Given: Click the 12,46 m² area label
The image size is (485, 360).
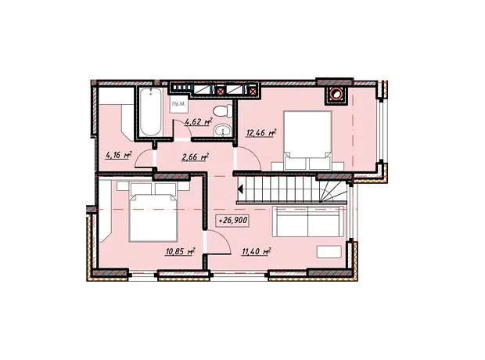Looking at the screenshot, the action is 261,133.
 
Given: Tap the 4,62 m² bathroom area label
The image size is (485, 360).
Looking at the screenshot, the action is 198,121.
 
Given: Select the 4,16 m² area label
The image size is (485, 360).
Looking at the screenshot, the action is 119,155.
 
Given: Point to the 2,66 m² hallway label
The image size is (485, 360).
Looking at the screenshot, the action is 195,157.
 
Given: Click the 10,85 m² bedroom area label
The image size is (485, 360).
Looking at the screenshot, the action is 180,251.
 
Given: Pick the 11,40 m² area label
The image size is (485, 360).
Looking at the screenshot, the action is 257,251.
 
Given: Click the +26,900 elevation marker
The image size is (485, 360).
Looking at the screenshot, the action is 233,221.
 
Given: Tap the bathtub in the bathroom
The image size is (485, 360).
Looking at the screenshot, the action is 151,112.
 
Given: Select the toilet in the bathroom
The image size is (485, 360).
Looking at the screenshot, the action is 223,111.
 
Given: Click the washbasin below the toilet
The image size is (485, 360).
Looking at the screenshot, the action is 222,130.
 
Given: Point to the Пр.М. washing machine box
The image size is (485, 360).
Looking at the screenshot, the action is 179,104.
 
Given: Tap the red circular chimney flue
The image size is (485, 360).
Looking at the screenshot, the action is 336,93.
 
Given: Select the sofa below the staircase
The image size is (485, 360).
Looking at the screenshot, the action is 308,221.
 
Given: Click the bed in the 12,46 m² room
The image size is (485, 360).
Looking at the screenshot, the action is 307,141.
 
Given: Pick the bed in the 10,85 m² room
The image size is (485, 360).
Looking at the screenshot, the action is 153,211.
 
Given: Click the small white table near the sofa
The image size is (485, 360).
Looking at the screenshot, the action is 329,252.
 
